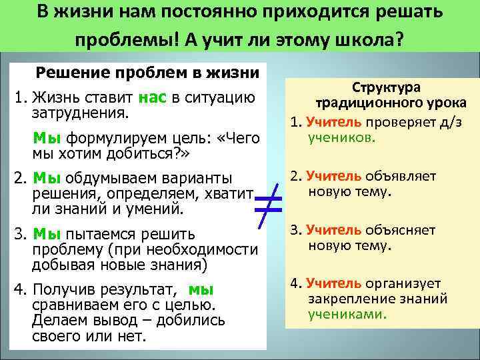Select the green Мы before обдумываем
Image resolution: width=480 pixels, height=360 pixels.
click(x=47, y=178)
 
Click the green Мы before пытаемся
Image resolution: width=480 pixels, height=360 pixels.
click(x=47, y=234)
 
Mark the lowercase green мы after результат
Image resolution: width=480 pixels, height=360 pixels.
click(x=201, y=289)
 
